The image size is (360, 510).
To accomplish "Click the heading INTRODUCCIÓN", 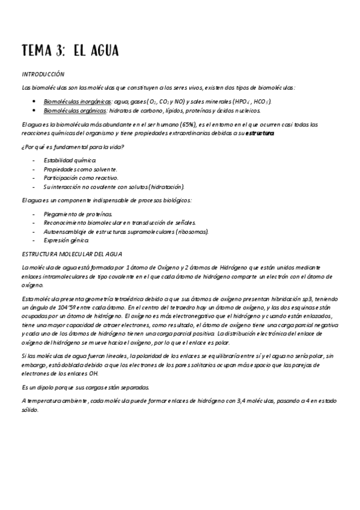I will tap(43, 75).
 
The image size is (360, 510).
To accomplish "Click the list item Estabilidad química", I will tap(70, 161).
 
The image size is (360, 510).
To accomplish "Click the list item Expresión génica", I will tap(67, 240).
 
